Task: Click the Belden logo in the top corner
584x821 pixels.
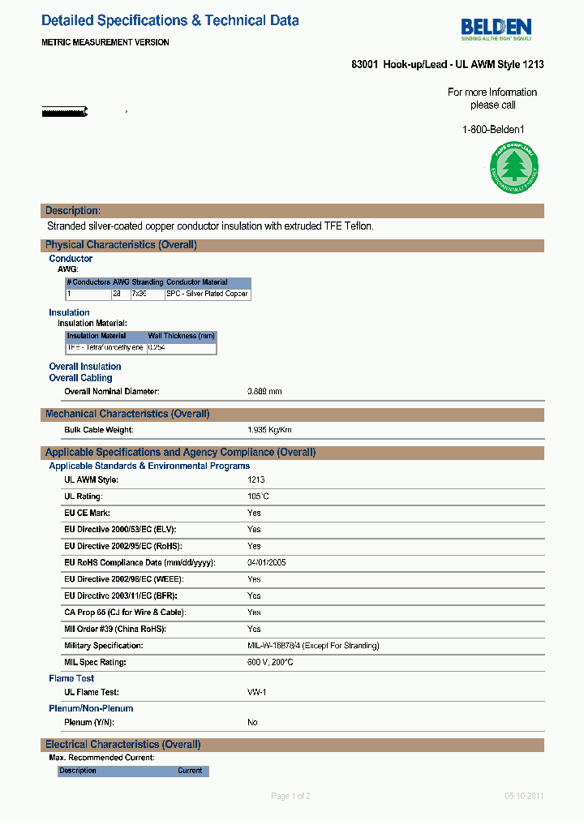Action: pos(496,28)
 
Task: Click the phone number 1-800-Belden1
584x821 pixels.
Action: pos(493,129)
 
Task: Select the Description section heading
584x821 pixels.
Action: pos(73,211)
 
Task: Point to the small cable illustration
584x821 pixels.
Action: pos(65,111)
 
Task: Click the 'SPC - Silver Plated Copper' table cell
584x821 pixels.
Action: pos(207,294)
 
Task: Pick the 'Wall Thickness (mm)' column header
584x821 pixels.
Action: pos(181,336)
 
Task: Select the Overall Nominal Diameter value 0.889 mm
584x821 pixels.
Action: pos(264,392)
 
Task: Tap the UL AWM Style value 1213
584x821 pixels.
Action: pos(255,480)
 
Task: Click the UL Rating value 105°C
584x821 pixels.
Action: pos(258,496)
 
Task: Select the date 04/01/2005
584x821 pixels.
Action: pos(266,562)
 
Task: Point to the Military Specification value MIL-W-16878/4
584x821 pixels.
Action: pos(313,646)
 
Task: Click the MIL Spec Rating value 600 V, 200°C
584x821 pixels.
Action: pos(270,662)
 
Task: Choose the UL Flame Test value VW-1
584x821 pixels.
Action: pos(257,692)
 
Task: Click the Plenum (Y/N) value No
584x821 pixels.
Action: pos(252,722)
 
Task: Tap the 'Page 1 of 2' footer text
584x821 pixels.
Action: pos(290,796)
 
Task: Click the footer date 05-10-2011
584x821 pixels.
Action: pos(524,796)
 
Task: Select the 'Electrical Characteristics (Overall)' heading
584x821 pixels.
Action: pos(122,745)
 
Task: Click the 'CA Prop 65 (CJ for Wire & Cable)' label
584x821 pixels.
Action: pos(124,613)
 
